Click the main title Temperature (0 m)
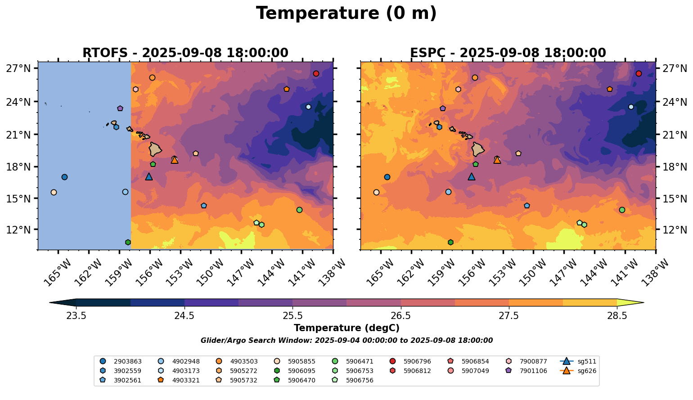[346, 13]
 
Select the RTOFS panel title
[185, 53]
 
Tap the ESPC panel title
[508, 53]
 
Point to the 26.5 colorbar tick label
[400, 315]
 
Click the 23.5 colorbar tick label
[76, 315]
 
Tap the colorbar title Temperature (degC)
[346, 328]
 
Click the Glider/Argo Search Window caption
[346, 341]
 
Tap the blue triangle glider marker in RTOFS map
[149, 177]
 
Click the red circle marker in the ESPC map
[639, 73]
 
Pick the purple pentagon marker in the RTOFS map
[120, 108]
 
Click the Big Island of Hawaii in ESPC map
[478, 149]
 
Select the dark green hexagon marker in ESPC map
[450, 242]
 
